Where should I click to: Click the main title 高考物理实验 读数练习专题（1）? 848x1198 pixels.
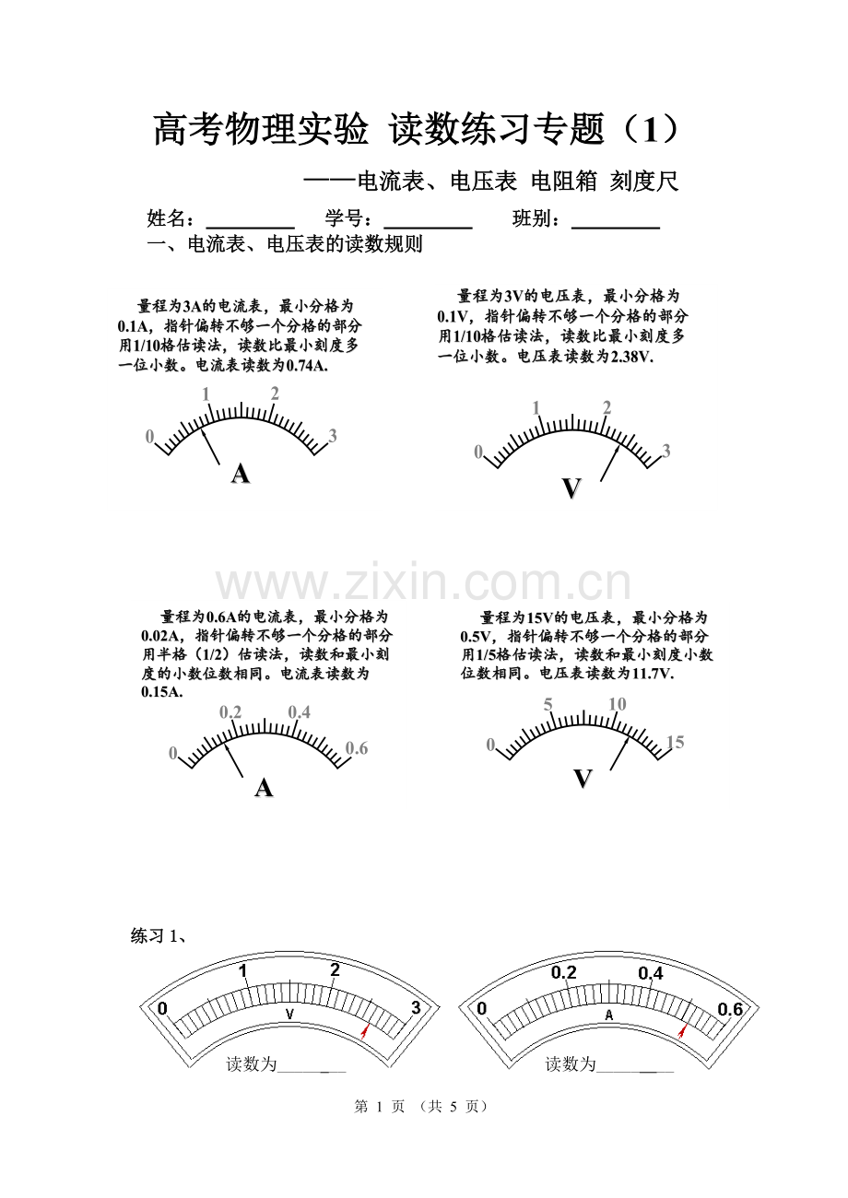tap(417, 129)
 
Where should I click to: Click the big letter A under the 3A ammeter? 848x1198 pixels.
tap(241, 474)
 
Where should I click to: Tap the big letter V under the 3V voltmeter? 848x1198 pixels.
tap(571, 487)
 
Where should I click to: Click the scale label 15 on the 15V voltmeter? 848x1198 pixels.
tap(676, 742)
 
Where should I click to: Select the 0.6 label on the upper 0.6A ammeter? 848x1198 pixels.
tap(357, 748)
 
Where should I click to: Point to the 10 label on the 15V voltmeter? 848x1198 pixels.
tap(617, 704)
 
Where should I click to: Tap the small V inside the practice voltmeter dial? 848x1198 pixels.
tap(290, 1014)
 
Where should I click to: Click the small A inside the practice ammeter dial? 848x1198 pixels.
tap(609, 1014)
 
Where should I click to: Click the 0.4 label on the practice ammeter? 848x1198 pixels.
tap(651, 973)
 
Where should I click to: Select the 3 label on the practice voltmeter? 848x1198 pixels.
tap(416, 1008)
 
